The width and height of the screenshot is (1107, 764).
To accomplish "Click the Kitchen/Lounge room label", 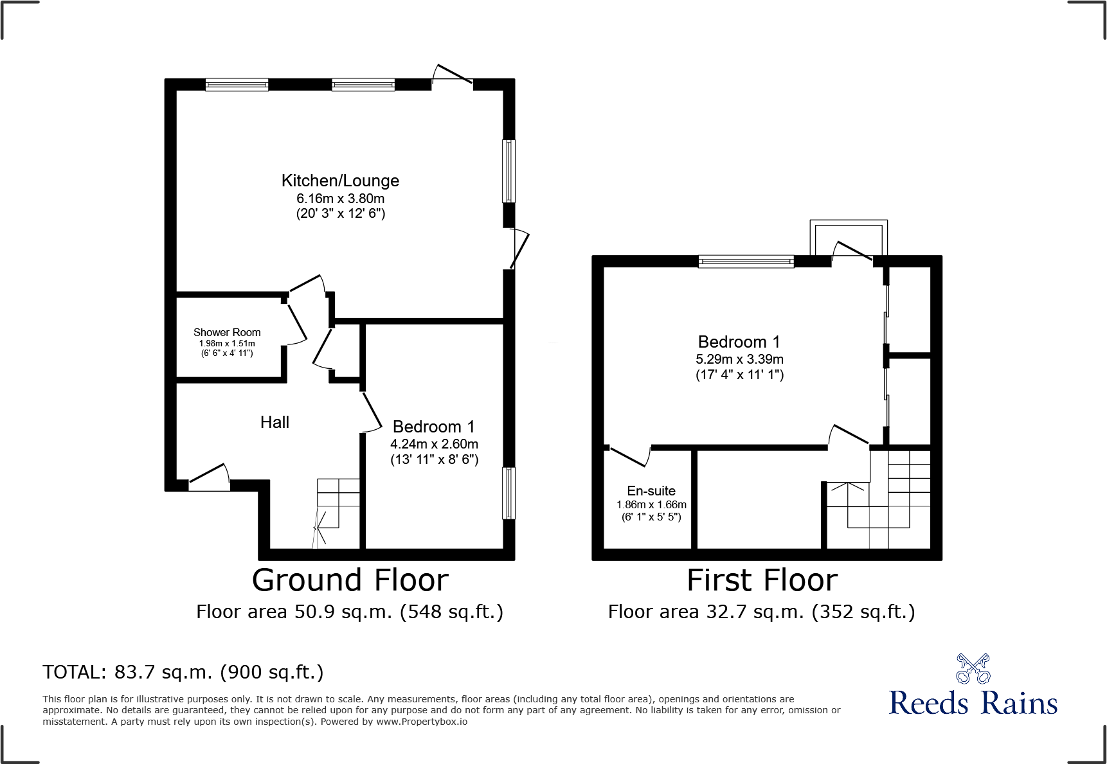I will pos(340,181).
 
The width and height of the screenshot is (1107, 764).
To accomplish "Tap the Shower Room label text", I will pos(227,332).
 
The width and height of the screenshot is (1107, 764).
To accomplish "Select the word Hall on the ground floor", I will pos(274,422).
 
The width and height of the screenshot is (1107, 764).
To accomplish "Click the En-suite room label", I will pos(651,491).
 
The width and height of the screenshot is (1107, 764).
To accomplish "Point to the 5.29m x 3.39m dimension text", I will pos(739,359).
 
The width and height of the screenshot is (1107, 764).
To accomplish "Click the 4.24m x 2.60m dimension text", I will pos(434,444).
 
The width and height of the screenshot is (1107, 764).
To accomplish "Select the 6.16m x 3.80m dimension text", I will pos(340,199).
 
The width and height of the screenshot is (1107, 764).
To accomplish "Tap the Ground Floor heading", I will pos(350,580).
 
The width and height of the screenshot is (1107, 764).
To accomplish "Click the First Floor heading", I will pos(762,580).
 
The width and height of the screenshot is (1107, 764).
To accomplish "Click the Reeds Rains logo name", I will pos(973,703).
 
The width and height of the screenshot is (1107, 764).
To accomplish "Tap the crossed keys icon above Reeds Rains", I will pos(973,669).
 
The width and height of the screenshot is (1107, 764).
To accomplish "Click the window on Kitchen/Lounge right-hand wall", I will pos(509,171).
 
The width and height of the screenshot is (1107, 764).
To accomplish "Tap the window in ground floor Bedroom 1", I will pos(509,493).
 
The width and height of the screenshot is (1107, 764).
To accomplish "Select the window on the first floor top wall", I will pos(746,262).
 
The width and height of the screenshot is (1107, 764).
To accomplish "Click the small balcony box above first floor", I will pos(849,238).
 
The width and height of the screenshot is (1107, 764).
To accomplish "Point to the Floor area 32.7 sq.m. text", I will pos(761,612).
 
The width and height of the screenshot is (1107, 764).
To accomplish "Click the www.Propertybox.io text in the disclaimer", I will pos(421,722).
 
